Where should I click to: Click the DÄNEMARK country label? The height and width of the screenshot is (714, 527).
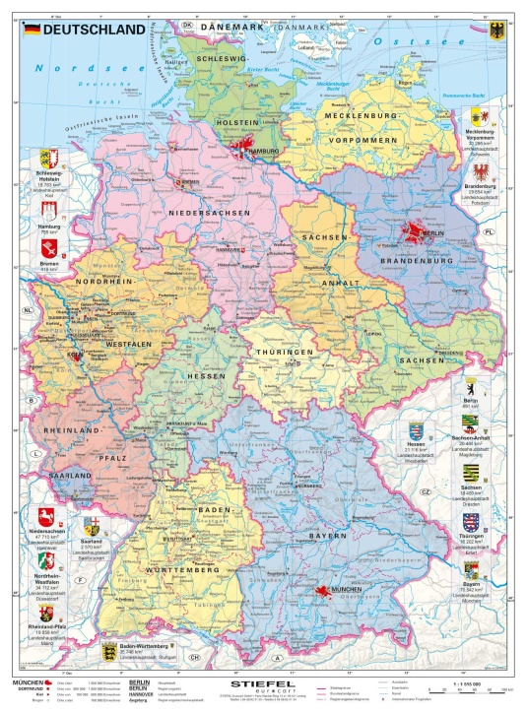(x=233, y=27)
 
